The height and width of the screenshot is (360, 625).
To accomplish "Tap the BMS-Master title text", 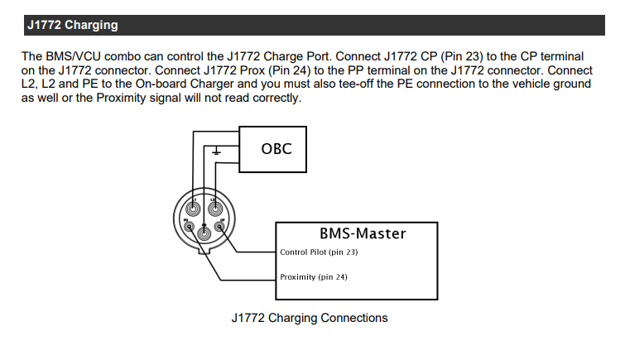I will pos(363,233).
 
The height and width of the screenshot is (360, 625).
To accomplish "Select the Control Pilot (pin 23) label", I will pos(314,252).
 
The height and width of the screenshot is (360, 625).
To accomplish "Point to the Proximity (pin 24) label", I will pos(314,277).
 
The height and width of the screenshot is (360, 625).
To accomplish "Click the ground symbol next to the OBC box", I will pos(216,151).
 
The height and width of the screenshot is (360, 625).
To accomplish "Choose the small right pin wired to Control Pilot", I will pos(219,224).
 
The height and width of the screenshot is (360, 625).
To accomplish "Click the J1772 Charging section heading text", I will pos(72,26).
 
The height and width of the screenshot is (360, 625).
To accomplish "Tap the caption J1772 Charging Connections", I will pos(310,318).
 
